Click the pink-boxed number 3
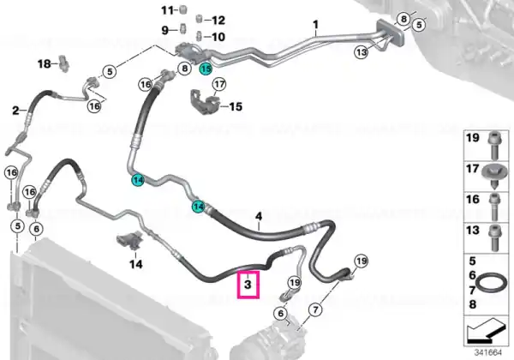click(x=248, y=284)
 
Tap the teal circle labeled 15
click(x=206, y=69)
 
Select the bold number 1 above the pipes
click(x=315, y=25)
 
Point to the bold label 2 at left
click(x=15, y=111)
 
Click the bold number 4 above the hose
click(x=259, y=216)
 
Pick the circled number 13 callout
click(x=361, y=52)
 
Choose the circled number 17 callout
click(x=219, y=85)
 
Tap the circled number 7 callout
click(x=315, y=309)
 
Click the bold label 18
click(x=45, y=63)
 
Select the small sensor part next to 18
click(x=63, y=63)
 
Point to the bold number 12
click(x=218, y=21)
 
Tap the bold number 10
click(x=218, y=37)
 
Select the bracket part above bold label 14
click(x=130, y=240)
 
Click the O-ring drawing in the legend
click(x=488, y=282)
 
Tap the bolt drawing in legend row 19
click(x=494, y=145)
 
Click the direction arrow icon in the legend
click(x=487, y=330)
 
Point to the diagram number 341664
click(x=488, y=352)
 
